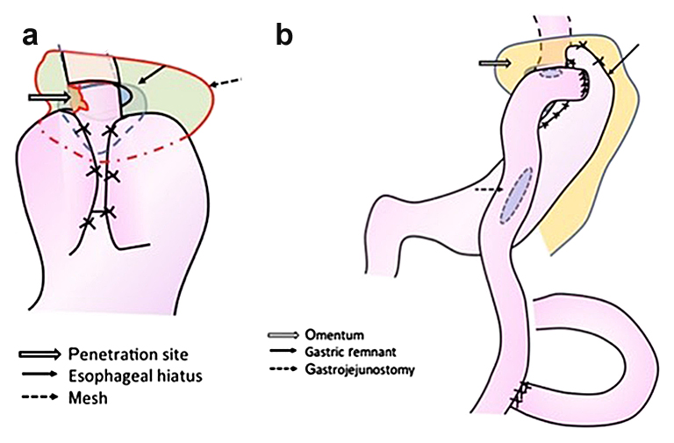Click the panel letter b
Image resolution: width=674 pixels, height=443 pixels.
click(x=285, y=35)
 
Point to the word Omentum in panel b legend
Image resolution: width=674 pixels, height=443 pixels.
click(x=339, y=335)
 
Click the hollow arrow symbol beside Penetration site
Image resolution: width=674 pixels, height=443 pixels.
click(x=42, y=354)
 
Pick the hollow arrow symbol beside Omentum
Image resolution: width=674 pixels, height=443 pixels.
click(x=283, y=335)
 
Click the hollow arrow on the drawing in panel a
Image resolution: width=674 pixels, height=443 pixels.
click(x=49, y=96)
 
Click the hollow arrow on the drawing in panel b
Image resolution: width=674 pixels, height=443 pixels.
click(x=495, y=62)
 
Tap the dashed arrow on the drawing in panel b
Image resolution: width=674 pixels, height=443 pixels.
click(x=486, y=189)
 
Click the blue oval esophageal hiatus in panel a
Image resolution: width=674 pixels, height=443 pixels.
click(x=121, y=92)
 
